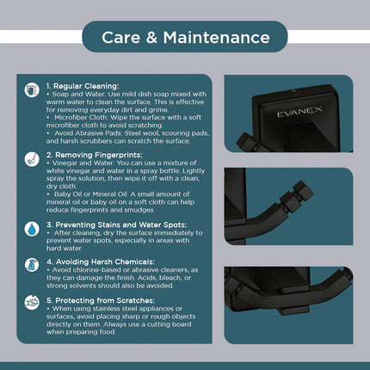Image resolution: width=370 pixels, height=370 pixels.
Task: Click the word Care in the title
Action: [120, 38]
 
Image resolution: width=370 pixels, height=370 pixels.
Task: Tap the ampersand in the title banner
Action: [151, 38]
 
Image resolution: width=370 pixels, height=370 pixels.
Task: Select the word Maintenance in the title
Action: [217, 38]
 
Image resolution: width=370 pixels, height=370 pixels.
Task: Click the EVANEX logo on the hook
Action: [299, 111]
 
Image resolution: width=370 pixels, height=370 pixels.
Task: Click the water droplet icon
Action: [32, 229]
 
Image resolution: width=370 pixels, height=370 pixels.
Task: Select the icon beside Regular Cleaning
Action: [32, 90]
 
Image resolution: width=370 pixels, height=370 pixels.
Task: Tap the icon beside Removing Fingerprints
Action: [32, 159]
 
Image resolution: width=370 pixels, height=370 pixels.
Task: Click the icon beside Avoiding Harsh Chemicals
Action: [32, 265]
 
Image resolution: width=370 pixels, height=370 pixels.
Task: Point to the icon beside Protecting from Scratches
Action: [32, 302]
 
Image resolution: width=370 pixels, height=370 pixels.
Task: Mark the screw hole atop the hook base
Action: [293, 91]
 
